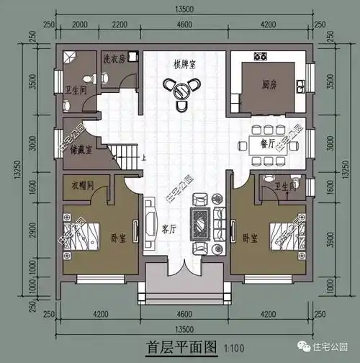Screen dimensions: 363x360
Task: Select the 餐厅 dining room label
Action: (267, 143)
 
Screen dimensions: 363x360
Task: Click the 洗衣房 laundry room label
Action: (114, 59)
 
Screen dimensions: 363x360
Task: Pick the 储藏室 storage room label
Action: (81, 151)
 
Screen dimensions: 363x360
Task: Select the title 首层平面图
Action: (181, 346)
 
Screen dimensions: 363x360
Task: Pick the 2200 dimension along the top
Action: (119, 26)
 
